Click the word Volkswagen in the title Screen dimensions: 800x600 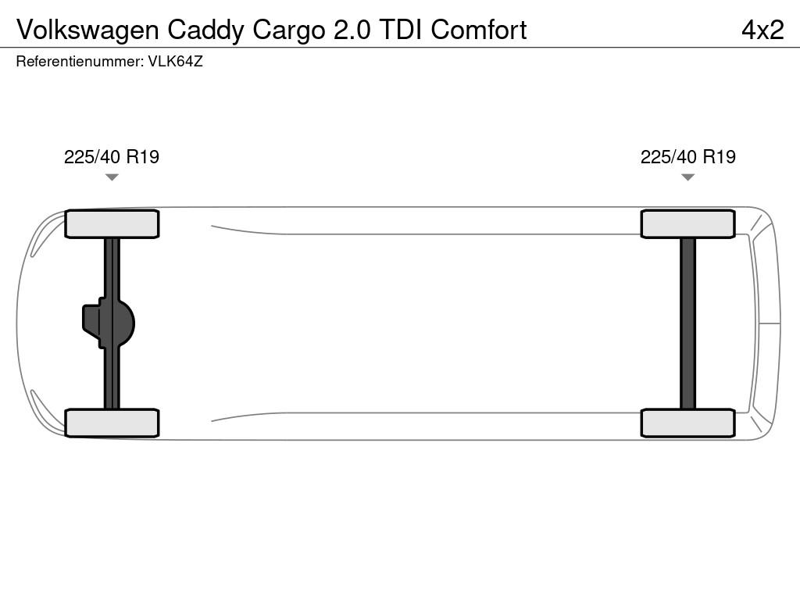click(87, 30)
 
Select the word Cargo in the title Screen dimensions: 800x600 click(289, 30)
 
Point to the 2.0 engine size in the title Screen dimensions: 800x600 click(352, 30)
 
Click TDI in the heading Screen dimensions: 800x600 click(401, 30)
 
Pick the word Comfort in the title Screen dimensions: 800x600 click(479, 30)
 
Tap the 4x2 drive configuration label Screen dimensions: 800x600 click(762, 30)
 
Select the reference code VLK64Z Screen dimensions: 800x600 click(176, 61)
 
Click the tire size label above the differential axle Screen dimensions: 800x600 click(112, 156)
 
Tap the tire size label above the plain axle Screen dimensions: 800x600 click(687, 156)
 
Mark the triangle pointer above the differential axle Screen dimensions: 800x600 click(112, 177)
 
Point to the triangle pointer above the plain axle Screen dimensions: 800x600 click(687, 177)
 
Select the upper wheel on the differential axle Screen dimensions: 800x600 click(112, 224)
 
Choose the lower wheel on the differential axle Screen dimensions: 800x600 click(112, 423)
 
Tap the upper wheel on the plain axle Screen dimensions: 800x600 click(687, 224)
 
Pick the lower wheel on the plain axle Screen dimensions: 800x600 click(687, 423)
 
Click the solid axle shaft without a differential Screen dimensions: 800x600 click(687, 323)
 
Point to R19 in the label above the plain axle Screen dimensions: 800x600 click(720, 156)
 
